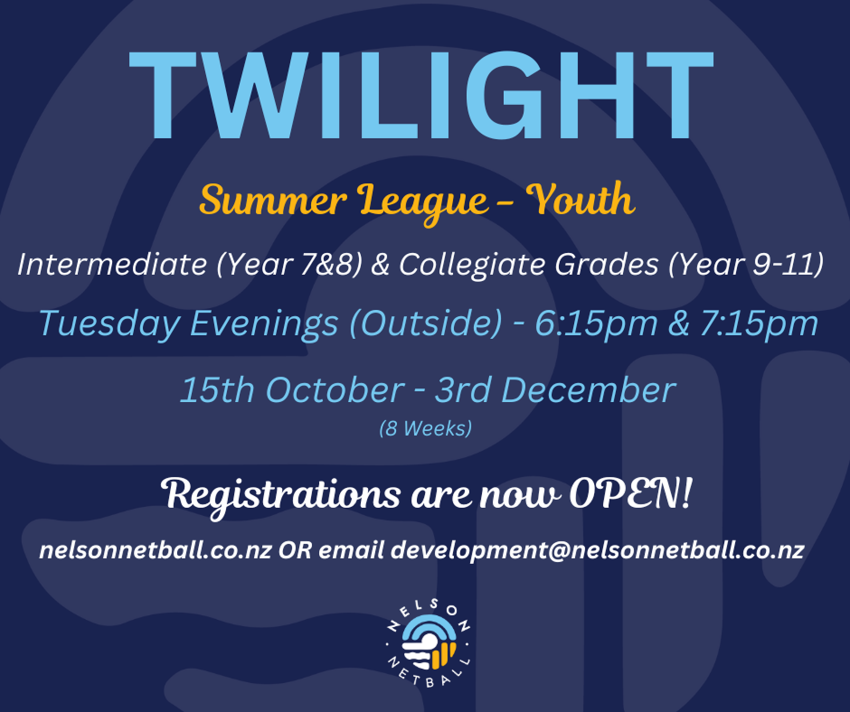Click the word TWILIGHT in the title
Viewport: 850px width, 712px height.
point(421,96)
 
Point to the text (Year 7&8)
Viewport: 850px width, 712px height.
point(289,265)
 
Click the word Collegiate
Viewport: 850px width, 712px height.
point(472,265)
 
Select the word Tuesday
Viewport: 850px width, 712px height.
point(110,324)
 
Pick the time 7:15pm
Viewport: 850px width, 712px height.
point(759,324)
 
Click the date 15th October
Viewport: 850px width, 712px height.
point(292,390)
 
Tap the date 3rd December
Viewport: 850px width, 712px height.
point(555,390)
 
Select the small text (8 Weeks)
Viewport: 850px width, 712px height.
point(425,428)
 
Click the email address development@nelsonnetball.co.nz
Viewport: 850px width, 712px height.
point(597,551)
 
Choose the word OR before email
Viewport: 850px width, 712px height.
point(295,551)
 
